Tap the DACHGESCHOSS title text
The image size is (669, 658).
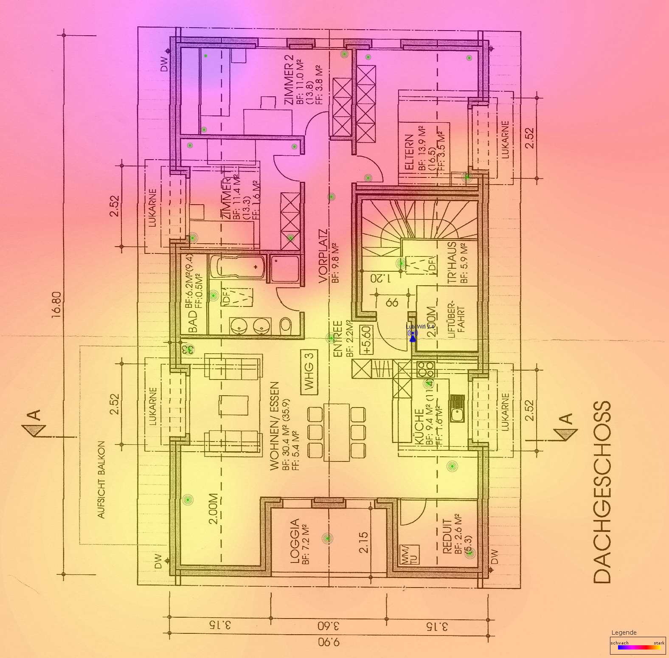pos(602,492)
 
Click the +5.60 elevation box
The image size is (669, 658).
pos(366,339)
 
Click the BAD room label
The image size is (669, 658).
pos(192,321)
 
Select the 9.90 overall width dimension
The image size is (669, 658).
pos(329,642)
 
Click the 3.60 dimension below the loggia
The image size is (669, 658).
pos(329,626)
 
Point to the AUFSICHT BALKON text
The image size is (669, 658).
pos(101,480)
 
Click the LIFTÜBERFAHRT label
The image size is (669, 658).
pos(456,320)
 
